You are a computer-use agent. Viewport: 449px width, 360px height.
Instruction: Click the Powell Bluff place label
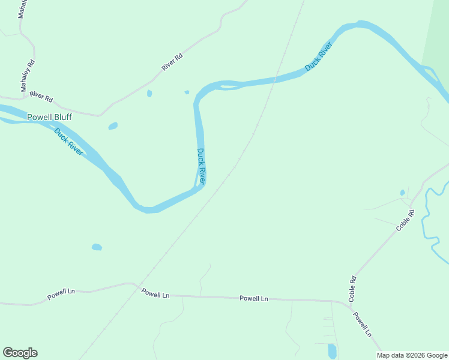(49, 117)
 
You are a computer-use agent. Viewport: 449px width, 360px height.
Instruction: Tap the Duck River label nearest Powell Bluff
(68, 142)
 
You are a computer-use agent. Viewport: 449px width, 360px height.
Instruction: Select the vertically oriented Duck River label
(202, 166)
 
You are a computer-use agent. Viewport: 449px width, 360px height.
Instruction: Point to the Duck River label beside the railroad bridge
(319, 57)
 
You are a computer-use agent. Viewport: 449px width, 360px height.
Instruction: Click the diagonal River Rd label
(172, 62)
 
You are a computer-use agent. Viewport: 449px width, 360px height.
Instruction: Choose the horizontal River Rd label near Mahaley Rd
(41, 96)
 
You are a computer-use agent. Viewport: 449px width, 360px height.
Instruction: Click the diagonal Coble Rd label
(405, 220)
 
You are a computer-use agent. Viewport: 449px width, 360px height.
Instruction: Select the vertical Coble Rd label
(353, 288)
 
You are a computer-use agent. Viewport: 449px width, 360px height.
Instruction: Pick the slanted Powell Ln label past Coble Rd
(363, 324)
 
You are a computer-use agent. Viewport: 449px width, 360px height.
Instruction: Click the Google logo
(20, 353)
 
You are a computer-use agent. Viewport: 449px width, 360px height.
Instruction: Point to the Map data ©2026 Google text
(412, 355)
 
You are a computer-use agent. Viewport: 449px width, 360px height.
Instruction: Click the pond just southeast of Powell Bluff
(112, 126)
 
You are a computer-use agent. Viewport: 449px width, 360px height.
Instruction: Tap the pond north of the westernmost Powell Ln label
(97, 247)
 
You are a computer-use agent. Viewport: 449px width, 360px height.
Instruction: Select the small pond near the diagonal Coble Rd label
(402, 193)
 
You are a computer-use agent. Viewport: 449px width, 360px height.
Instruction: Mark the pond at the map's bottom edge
(332, 350)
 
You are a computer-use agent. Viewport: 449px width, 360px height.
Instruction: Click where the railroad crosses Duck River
(276, 80)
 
